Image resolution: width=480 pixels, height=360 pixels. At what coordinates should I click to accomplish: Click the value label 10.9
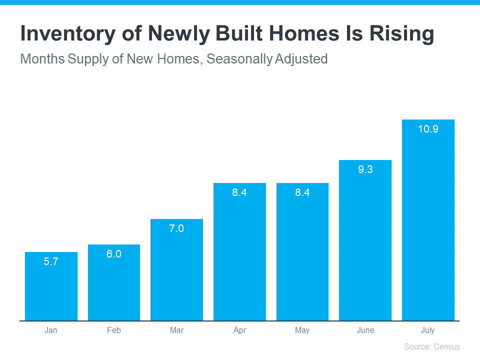428,129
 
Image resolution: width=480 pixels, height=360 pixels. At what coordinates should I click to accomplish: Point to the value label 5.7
51,261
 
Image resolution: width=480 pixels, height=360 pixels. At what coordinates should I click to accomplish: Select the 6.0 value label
114,254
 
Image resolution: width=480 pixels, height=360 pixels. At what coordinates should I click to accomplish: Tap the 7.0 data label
176,228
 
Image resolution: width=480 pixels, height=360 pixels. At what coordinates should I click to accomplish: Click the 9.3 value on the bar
365,169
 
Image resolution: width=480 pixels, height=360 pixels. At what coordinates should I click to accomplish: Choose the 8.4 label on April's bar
239,192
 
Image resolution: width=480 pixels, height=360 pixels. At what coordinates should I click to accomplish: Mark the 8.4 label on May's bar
302,192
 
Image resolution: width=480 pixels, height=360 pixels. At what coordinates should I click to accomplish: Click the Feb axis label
114,330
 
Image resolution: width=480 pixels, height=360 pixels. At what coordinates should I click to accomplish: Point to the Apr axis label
239,330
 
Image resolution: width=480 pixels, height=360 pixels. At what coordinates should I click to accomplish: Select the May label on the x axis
302,330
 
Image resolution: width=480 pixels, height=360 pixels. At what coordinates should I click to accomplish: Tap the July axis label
428,330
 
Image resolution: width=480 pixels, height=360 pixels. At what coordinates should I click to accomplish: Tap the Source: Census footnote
431,346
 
